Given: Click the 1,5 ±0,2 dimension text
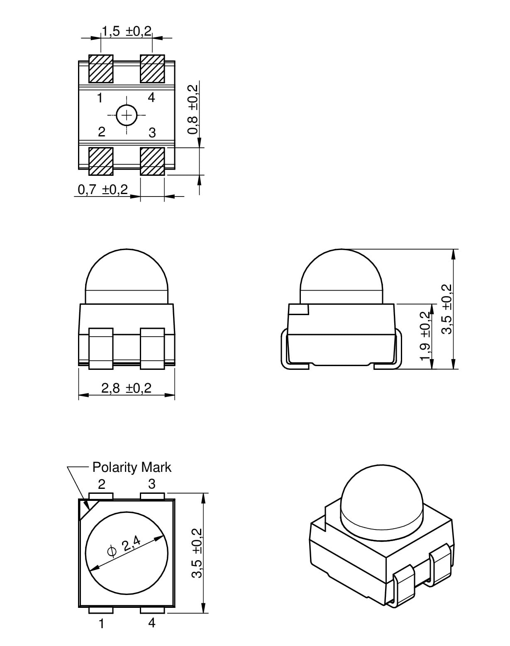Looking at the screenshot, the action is pyautogui.click(x=127, y=31).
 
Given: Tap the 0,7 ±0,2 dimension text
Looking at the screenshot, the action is pyautogui.click(x=103, y=189).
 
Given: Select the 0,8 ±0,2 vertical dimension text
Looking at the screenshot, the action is pyautogui.click(x=193, y=109).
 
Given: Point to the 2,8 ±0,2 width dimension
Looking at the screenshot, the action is pyautogui.click(x=126, y=388).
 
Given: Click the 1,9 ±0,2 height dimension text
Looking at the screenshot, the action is pyautogui.click(x=425, y=336).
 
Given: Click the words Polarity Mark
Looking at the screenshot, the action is pyautogui.click(x=132, y=467).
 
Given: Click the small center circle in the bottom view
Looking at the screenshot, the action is pyautogui.click(x=127, y=115).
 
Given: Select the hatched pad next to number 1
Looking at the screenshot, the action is pyautogui.click(x=101, y=69).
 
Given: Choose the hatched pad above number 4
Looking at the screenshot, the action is pyautogui.click(x=153, y=69).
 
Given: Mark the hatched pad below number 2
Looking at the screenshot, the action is pyautogui.click(x=101, y=161).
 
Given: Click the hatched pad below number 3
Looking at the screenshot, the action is pyautogui.click(x=153, y=161).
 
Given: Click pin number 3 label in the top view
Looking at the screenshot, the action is pyautogui.click(x=152, y=484).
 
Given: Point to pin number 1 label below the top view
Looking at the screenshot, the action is pyautogui.click(x=102, y=624).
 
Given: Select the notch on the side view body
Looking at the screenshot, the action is pyautogui.click(x=298, y=309).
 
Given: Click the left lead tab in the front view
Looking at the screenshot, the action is pyautogui.click(x=101, y=349).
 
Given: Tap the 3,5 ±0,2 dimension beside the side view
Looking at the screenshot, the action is pyautogui.click(x=447, y=309).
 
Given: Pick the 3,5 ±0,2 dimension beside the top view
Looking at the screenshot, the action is pyautogui.click(x=197, y=553).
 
